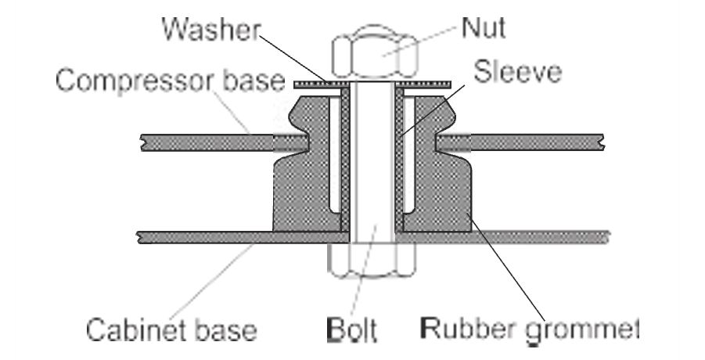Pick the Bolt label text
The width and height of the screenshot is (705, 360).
pyautogui.click(x=351, y=329)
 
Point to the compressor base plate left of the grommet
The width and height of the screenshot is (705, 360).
pyautogui.click(x=211, y=140)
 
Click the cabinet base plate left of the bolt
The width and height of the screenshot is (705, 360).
pyautogui.click(x=203, y=236)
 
